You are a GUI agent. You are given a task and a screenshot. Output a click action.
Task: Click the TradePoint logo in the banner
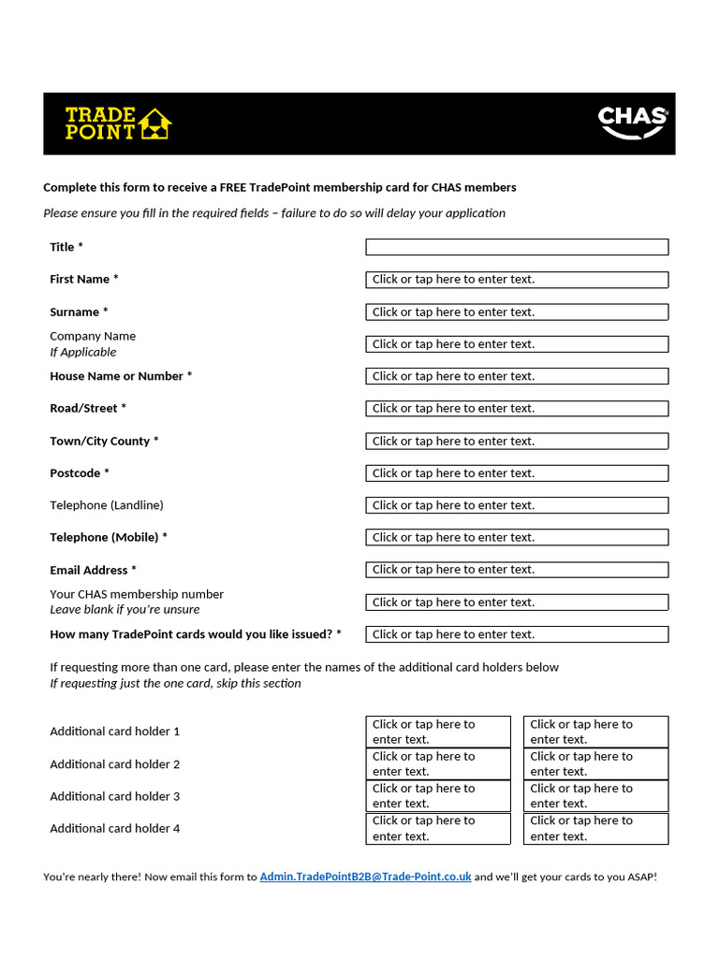tap(118, 123)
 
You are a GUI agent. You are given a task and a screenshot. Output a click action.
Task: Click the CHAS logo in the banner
tap(633, 122)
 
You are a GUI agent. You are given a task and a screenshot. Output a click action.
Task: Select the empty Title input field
tap(516, 247)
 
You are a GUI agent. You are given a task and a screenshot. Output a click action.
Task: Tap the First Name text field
tap(516, 280)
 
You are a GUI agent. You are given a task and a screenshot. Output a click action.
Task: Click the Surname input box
tap(516, 312)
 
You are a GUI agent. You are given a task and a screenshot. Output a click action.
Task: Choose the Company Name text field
tap(516, 344)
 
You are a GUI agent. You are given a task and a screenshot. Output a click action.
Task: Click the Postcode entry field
tap(516, 473)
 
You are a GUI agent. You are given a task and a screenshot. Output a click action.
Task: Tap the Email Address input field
tap(516, 570)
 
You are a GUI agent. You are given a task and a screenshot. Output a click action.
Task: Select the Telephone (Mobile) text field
tap(516, 538)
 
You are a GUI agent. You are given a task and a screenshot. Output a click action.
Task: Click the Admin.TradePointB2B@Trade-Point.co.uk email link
tap(365, 878)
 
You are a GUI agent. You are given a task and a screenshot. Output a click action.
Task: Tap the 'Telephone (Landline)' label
tap(107, 505)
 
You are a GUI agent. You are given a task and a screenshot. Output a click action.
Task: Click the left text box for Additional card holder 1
tap(437, 732)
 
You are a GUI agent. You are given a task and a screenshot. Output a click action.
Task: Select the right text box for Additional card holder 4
tap(595, 829)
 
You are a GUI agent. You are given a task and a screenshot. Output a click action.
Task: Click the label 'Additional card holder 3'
tap(115, 796)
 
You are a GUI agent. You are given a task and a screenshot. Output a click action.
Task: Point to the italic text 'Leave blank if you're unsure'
tap(125, 610)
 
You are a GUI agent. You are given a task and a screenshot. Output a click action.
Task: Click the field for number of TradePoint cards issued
tap(516, 634)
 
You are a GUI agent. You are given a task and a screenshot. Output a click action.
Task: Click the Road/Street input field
tap(516, 409)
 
